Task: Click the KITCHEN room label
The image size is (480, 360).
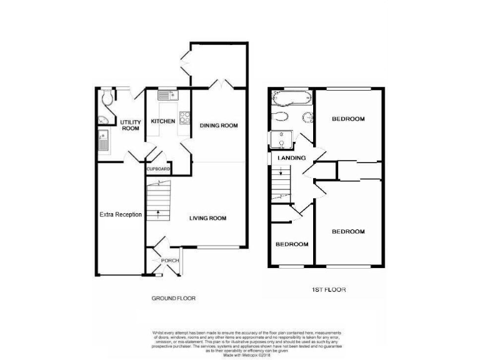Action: [x=162, y=121]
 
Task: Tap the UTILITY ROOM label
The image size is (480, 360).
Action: [x=130, y=125]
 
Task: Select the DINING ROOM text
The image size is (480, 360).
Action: [x=219, y=126]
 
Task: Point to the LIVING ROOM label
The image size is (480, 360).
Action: [x=208, y=218]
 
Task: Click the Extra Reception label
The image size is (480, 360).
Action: [x=121, y=214]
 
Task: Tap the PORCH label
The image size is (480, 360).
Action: [x=171, y=261]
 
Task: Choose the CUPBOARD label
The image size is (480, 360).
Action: [x=159, y=169]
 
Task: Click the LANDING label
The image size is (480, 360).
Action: [x=291, y=158]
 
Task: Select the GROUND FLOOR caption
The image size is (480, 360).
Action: [x=174, y=299]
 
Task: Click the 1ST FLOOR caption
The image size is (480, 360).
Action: [x=329, y=290]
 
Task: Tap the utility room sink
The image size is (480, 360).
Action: [x=102, y=142]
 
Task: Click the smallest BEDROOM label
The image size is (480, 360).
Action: [x=292, y=244]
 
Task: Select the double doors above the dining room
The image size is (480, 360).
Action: [x=222, y=84]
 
